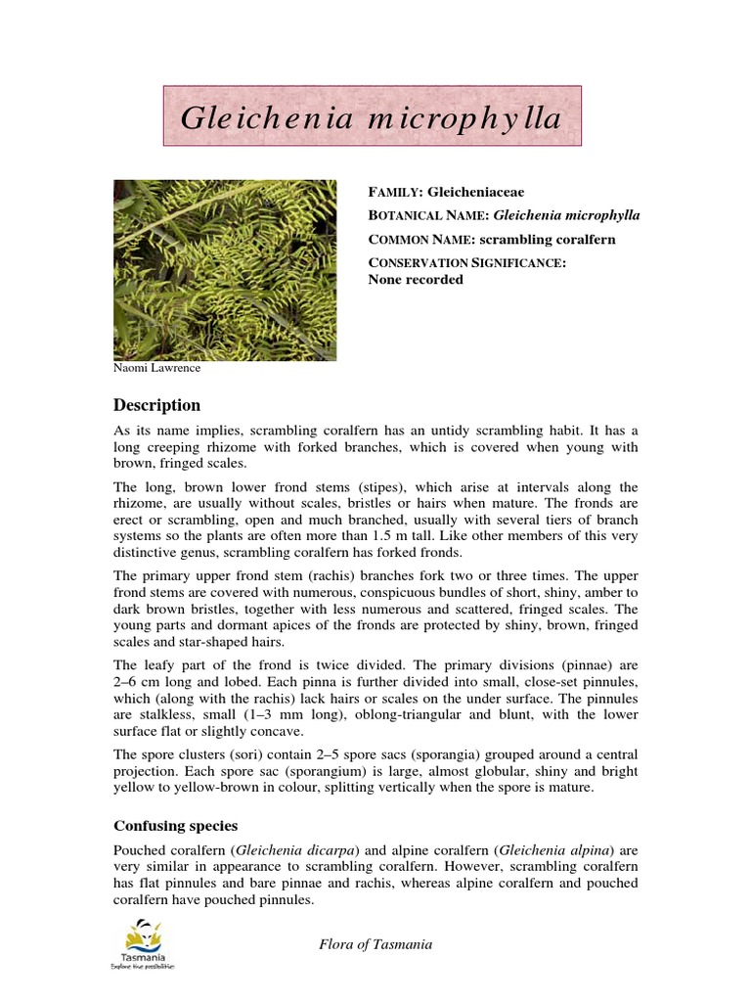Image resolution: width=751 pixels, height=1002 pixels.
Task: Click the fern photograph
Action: click(225, 270)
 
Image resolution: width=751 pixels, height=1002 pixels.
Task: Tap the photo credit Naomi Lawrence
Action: click(158, 370)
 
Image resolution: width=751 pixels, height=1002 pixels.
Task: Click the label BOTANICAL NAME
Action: click(427, 216)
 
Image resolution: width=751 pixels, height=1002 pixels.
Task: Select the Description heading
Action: click(156, 405)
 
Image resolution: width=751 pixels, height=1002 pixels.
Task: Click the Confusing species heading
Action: click(183, 825)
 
